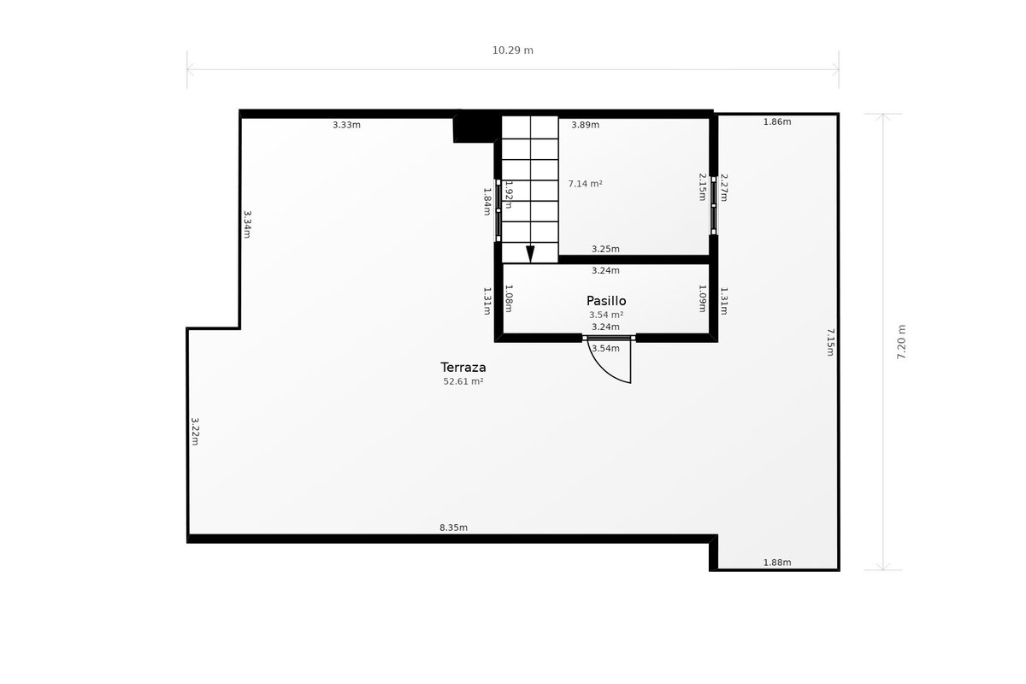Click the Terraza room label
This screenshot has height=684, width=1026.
463,368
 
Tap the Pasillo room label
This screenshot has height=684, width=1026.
606,301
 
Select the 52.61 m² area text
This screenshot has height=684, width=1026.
463,381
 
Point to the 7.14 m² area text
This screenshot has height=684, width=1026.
585,184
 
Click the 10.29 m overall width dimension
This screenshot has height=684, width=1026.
512,50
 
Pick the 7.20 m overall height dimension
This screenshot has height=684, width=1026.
901,342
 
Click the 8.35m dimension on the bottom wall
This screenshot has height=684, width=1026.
453,528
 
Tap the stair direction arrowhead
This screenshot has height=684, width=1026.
530,254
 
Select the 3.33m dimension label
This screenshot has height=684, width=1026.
346,125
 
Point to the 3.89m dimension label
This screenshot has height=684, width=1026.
585,125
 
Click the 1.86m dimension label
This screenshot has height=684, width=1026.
777,121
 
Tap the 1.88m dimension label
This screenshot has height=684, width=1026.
777,562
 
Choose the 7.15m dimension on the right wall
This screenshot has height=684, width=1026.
830,342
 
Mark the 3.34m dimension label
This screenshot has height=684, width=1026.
247,225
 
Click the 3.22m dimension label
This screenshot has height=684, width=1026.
195,431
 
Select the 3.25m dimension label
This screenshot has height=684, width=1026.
605,249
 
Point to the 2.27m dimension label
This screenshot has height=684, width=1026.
723,187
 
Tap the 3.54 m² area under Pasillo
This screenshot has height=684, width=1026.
606,315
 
